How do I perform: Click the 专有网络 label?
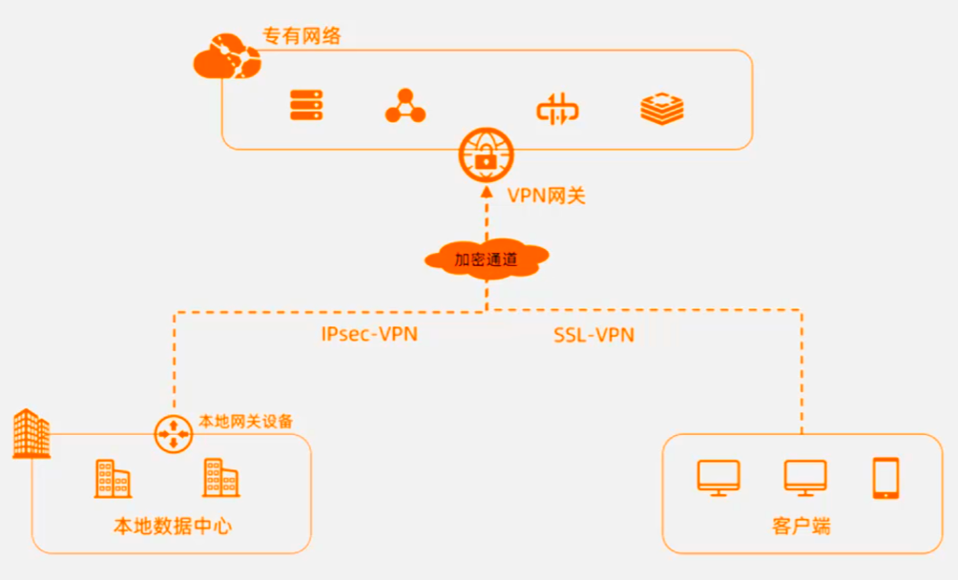point(302,37)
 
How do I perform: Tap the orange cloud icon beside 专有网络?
point(226,56)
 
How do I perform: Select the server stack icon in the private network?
point(307,105)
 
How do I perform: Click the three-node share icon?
point(405,106)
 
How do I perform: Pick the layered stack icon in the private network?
point(662,108)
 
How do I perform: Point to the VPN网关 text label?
point(545,197)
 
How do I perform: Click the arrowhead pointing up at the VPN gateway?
point(486,189)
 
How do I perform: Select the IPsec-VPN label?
point(369,334)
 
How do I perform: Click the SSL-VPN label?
point(594,335)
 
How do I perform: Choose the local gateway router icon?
point(174,435)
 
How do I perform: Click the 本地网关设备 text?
point(245,421)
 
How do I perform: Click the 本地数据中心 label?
point(173,526)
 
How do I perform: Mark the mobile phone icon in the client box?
point(885,478)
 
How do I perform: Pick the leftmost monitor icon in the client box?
point(718,478)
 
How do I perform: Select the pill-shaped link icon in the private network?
point(557,109)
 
